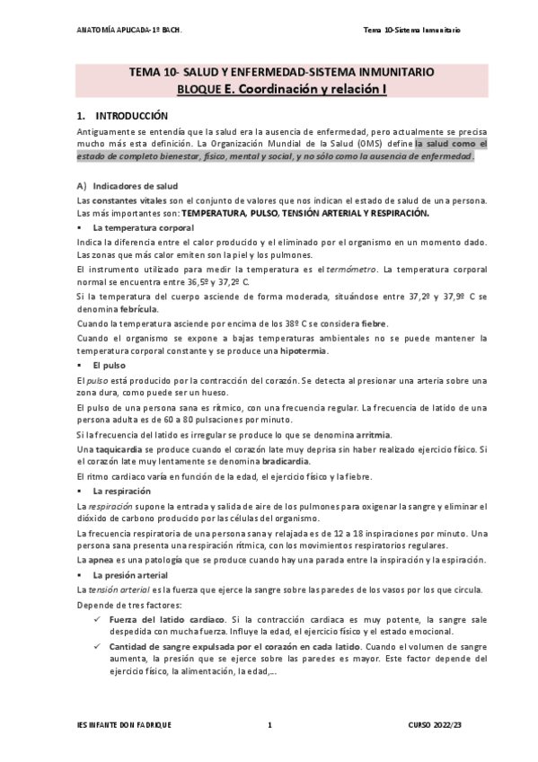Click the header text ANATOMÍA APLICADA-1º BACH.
point(130,31)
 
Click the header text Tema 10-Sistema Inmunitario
point(411,31)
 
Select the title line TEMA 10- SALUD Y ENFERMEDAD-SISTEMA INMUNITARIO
point(269,72)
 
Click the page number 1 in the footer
point(269,724)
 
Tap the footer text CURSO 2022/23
point(433,724)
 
